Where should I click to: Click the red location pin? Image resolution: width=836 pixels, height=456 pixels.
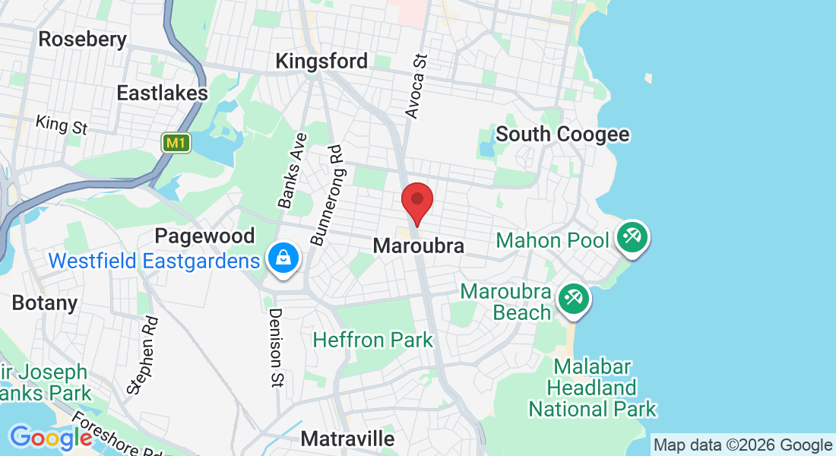point(416,201)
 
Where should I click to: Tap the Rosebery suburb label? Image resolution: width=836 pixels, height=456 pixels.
point(82,40)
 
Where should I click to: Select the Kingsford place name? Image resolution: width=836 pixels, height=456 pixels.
point(321,61)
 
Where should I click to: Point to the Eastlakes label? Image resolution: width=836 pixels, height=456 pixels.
point(162,93)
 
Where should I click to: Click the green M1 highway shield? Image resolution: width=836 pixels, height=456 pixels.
point(176,142)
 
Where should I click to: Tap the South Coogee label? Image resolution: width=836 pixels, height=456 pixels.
point(562,135)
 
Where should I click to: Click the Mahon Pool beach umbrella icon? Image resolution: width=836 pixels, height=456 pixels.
point(632,237)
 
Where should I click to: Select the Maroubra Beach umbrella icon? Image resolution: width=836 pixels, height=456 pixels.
point(574,299)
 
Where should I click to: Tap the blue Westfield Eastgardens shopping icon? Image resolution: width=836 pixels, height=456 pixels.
point(283,259)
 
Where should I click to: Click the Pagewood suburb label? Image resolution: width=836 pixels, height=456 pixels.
point(204,236)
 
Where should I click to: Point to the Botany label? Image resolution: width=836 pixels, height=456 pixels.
point(45,303)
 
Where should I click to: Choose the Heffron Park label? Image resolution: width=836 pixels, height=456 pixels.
point(372,340)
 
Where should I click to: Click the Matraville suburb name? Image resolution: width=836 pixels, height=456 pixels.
point(347,439)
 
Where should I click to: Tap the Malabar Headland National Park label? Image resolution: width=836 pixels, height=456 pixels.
point(593,388)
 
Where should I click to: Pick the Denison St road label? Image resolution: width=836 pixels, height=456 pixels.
point(275,347)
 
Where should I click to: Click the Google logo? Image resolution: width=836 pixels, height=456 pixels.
point(51,438)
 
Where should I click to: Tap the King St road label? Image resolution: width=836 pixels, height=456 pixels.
point(62,125)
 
